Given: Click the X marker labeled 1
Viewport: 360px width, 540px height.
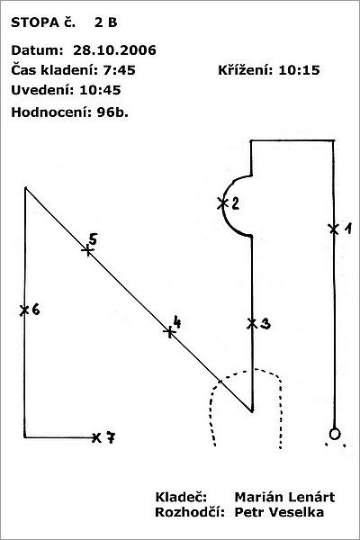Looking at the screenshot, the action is click(x=334, y=229).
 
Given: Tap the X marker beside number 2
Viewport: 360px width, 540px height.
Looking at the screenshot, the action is click(x=222, y=203).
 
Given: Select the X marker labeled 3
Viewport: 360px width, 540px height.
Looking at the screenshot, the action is click(x=252, y=323).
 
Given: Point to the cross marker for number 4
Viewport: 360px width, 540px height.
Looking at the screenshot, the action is click(x=169, y=331).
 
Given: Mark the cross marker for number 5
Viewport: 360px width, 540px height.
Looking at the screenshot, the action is click(x=88, y=250).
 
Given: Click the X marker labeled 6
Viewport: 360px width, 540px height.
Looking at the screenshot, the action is click(x=24, y=310).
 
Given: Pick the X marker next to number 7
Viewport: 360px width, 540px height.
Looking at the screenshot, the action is click(x=96, y=437).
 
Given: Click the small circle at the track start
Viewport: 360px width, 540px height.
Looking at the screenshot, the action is click(x=334, y=434).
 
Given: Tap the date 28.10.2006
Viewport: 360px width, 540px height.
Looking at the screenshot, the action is click(x=114, y=50).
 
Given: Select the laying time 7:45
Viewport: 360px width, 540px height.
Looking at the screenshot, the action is click(x=119, y=70).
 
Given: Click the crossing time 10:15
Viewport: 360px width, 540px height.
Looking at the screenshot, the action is click(x=299, y=70).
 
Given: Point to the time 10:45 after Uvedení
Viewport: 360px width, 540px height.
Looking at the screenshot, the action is click(x=100, y=90).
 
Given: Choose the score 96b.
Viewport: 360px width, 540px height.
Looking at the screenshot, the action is click(x=112, y=112).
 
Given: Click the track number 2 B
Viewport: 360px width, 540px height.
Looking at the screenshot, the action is click(x=106, y=22).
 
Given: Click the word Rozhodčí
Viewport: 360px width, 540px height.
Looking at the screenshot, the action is click(x=190, y=512).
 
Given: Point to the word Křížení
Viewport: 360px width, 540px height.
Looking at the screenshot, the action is click(x=246, y=70).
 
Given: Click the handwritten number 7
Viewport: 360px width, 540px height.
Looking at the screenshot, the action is click(x=110, y=437).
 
